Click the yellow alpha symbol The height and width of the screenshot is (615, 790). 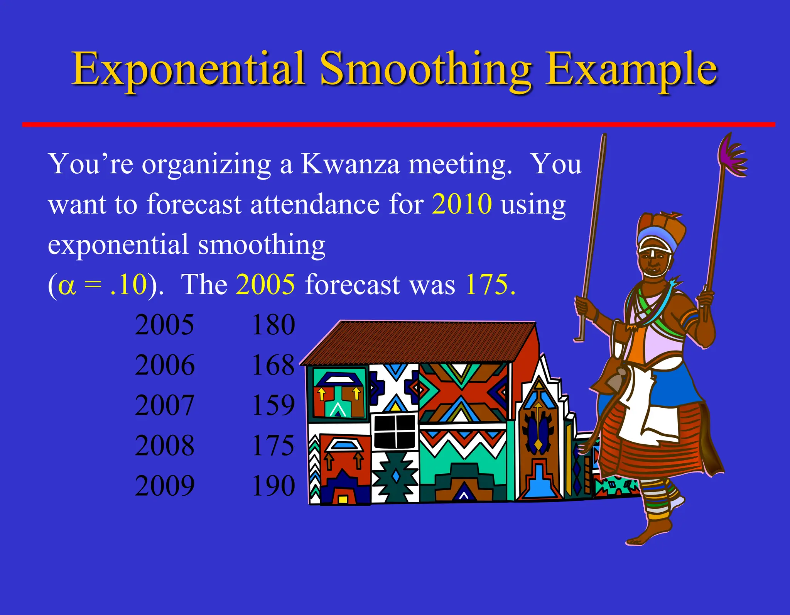[x=66, y=286]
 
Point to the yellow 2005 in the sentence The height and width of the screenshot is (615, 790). [x=265, y=285]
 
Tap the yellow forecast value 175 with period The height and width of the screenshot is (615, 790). [x=490, y=285]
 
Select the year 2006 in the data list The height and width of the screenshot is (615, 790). [x=165, y=365]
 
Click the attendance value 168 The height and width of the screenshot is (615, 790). [x=273, y=365]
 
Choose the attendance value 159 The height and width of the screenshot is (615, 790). [x=273, y=405]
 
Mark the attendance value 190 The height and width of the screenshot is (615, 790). [x=273, y=486]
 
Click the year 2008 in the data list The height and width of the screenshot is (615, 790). [x=165, y=446]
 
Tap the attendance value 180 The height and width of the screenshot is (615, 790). [x=273, y=325]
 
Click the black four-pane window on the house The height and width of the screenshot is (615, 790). [x=395, y=431]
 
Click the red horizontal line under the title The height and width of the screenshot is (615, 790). [x=397, y=124]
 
